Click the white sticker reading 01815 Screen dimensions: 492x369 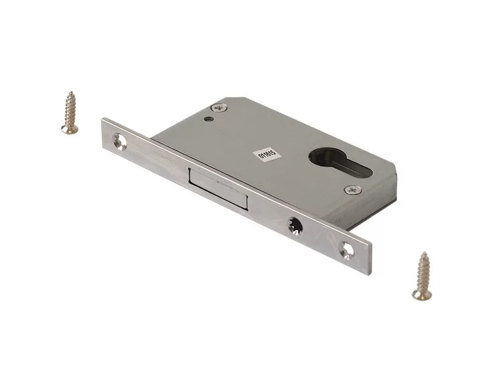coord(267,155)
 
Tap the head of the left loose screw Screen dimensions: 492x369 coord(69,129)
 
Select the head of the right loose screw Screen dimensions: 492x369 coord(422,295)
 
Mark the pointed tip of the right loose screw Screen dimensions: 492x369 coord(424,253)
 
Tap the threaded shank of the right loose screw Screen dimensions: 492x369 coord(423,272)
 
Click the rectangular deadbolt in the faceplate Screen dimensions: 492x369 coord(218,189)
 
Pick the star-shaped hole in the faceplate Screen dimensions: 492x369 coord(295,226)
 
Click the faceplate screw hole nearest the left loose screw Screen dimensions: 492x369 coord(119,141)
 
